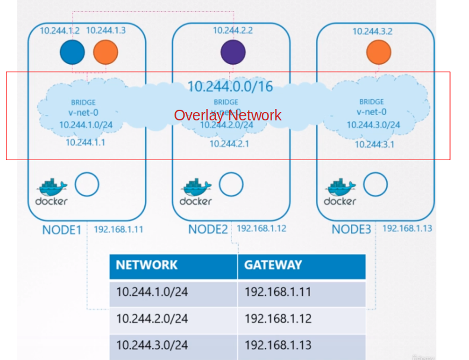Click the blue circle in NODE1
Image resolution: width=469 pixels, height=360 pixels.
[72, 52]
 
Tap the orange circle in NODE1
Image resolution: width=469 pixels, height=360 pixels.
[106, 52]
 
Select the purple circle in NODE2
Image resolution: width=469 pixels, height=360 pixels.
[233, 52]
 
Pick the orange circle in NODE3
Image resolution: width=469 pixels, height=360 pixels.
[378, 52]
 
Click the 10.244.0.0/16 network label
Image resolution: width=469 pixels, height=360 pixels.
[230, 87]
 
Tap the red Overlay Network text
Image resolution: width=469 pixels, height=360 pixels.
[227, 115]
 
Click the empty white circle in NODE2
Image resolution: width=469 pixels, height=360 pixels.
[231, 185]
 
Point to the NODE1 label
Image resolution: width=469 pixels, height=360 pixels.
[61, 230]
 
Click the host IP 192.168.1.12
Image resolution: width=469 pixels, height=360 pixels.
[261, 228]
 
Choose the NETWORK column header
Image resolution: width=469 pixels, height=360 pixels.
[147, 265]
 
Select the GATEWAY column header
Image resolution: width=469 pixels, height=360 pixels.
[273, 265]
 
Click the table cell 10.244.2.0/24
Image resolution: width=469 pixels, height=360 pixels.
[152, 318]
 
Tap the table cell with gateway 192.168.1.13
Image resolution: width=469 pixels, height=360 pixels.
[278, 345]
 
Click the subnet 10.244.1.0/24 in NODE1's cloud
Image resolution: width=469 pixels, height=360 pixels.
[86, 125]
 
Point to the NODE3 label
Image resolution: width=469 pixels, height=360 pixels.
[351, 230]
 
